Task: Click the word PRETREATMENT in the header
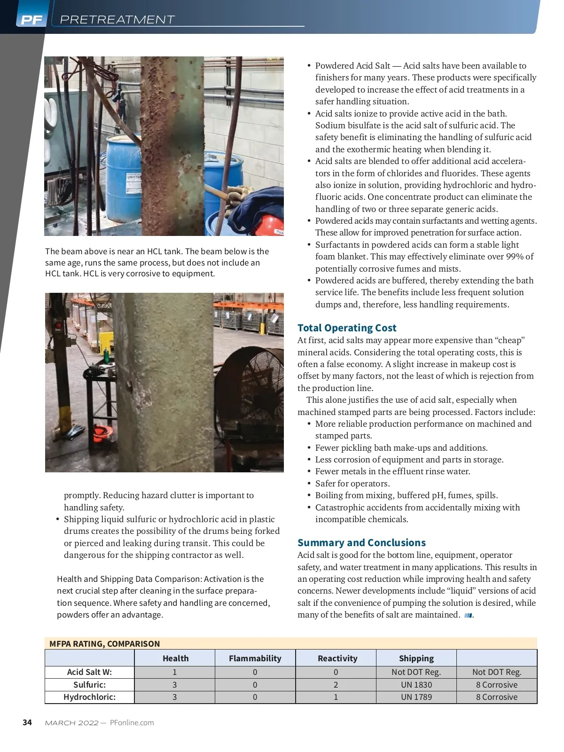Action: coord(117,20)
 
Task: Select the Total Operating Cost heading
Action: coord(347,328)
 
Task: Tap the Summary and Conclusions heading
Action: coord(361,543)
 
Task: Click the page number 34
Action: coord(27,722)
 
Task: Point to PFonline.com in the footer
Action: coord(132,723)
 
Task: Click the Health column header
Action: coord(175,658)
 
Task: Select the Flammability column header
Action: coord(255,658)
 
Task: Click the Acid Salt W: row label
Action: coord(89,672)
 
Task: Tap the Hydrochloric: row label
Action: coord(89,697)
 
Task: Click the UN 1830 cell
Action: coord(416,685)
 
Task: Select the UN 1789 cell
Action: coord(416,697)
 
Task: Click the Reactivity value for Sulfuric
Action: coord(336,685)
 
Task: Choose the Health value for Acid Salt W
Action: coord(174,672)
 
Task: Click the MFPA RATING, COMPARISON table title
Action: coord(104,644)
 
